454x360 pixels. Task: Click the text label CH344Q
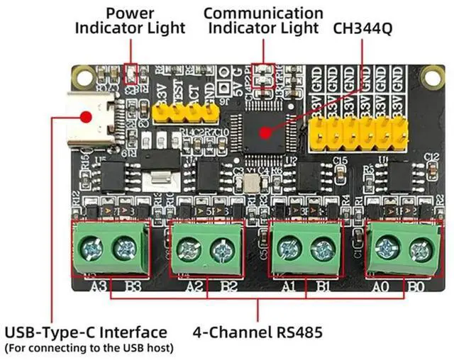click(365, 29)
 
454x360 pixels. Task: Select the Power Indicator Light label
click(131, 21)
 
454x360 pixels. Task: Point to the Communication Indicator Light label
click(262, 21)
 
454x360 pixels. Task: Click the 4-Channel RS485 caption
click(258, 332)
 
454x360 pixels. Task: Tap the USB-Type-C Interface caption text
click(86, 332)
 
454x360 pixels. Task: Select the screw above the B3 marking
click(126, 248)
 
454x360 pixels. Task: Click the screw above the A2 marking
click(188, 249)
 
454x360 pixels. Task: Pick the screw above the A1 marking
click(288, 249)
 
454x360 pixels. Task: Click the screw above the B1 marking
click(321, 249)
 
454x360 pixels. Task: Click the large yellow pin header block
click(360, 129)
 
